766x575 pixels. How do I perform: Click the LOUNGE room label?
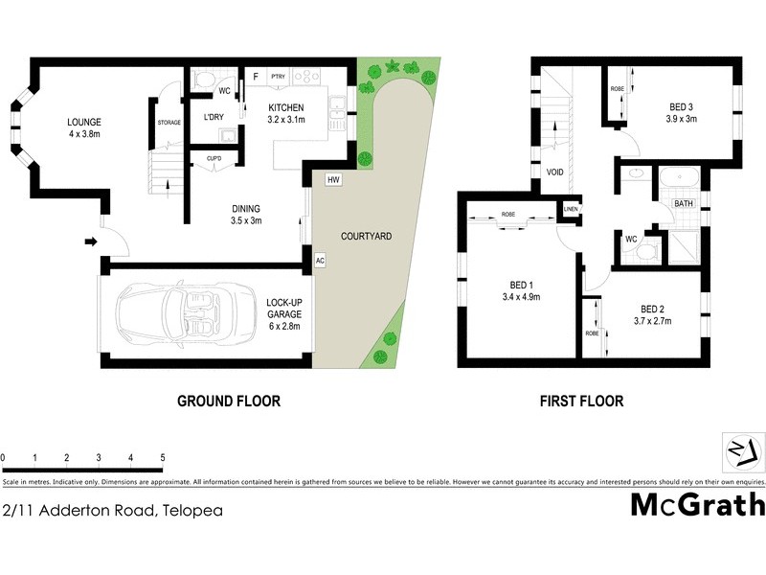84,122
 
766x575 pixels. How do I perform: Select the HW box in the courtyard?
332,179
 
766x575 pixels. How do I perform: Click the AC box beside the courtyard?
320,260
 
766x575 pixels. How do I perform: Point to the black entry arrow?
91,241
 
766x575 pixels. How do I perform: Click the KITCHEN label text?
286,106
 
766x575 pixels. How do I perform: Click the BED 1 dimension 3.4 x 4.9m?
520,298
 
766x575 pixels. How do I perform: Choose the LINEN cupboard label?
571,209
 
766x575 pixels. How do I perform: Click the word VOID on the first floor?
554,172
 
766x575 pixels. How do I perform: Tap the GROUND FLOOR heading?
229,402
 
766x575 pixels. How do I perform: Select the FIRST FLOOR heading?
582,402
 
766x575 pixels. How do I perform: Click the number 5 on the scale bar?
163,457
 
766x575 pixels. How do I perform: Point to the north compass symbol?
742,448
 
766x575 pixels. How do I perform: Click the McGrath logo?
697,504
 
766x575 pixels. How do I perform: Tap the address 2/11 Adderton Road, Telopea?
113,511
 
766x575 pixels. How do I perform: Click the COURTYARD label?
366,236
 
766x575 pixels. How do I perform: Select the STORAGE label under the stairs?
169,122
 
